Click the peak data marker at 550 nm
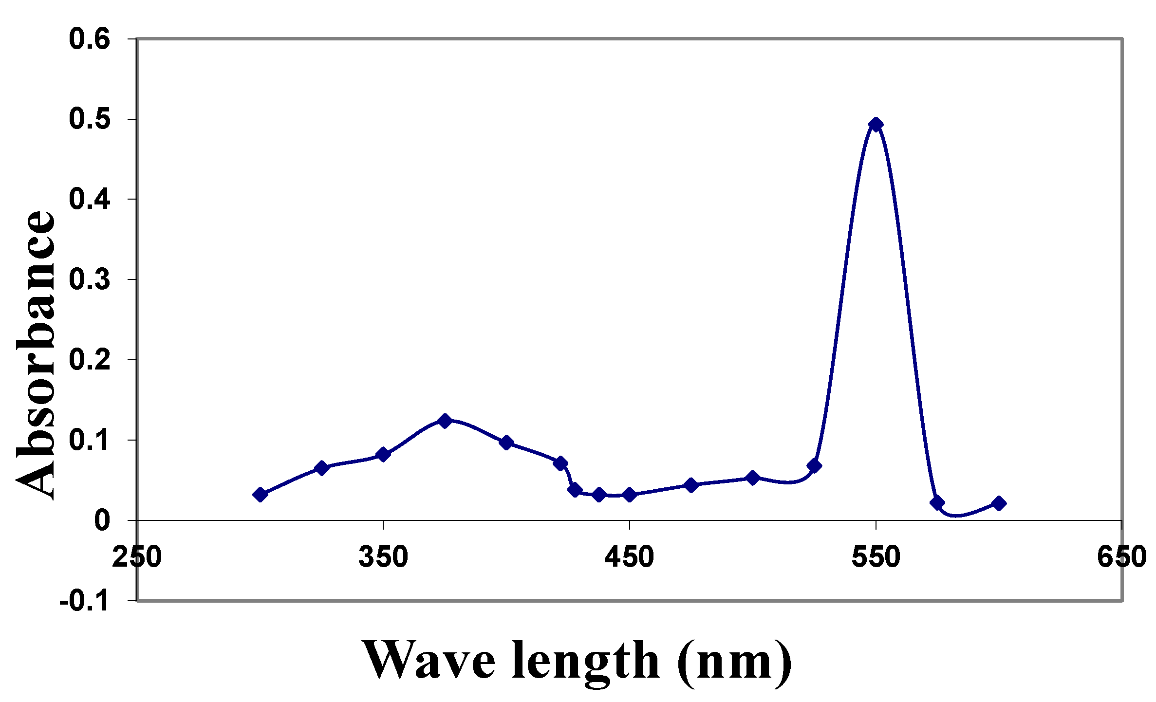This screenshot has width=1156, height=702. point(876,125)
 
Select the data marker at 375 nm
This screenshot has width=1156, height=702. point(444,421)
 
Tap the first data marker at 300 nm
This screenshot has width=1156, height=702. point(260,495)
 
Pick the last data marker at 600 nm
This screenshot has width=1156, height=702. point(999,503)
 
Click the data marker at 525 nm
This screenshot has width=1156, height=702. point(814,466)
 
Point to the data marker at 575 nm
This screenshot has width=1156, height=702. point(937,503)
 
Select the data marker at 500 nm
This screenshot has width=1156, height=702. point(752,478)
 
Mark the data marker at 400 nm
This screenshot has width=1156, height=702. point(506,443)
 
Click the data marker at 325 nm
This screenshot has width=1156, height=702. point(321,468)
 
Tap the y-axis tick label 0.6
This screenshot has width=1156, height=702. point(90,39)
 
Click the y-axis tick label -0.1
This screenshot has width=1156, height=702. point(84,602)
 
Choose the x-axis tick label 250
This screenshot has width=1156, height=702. point(137,557)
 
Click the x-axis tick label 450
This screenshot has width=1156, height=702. point(629,557)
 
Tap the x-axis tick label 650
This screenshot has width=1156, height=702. point(1121,557)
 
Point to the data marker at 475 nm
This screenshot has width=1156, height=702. point(690,485)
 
